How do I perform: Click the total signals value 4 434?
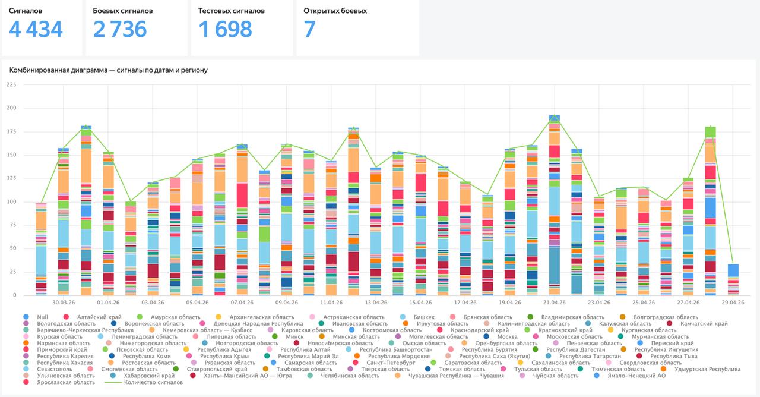point(36,29)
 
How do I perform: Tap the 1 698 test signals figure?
point(225,29)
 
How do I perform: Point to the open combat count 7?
point(309,29)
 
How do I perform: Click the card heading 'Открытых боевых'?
point(335,11)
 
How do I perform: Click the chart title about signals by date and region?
point(109,70)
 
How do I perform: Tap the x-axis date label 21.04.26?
point(554,302)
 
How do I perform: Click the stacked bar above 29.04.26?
point(733,279)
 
